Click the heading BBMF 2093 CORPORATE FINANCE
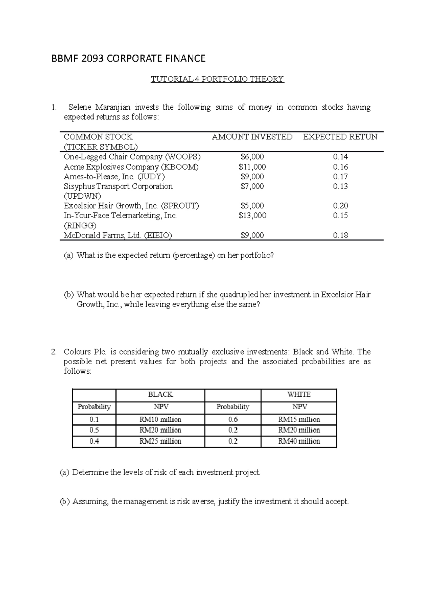coord(128,58)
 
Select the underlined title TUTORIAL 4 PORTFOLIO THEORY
coord(217,79)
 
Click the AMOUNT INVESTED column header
coord(252,137)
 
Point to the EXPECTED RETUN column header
coord(340,137)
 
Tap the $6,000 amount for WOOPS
coord(252,157)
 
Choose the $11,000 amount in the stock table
coord(252,167)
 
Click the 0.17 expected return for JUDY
coord(340,177)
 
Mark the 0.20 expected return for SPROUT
coord(340,206)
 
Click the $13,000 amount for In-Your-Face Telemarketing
coord(252,216)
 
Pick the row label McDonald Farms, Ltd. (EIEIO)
coord(118,236)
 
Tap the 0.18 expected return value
coord(340,236)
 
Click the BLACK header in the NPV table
coord(160,395)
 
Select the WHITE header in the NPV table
coord(299,395)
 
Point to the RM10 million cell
coord(160,419)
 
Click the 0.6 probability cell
coord(233,419)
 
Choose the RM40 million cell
coord(299,441)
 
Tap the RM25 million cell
coord(160,441)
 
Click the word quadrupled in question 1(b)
coord(239,295)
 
